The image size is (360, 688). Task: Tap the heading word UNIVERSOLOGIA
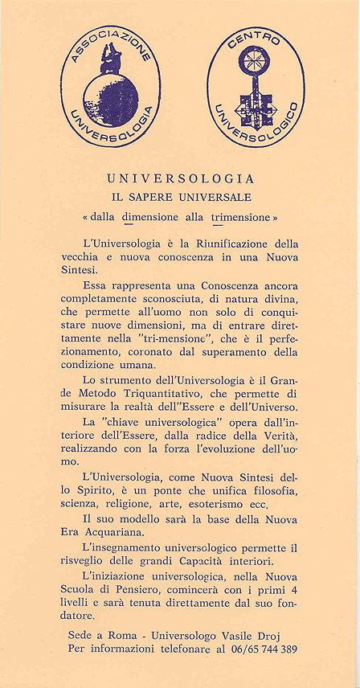pos(180,178)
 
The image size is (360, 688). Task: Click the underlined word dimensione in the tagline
pos(150,218)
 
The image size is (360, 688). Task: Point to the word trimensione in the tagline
pos(240,218)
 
